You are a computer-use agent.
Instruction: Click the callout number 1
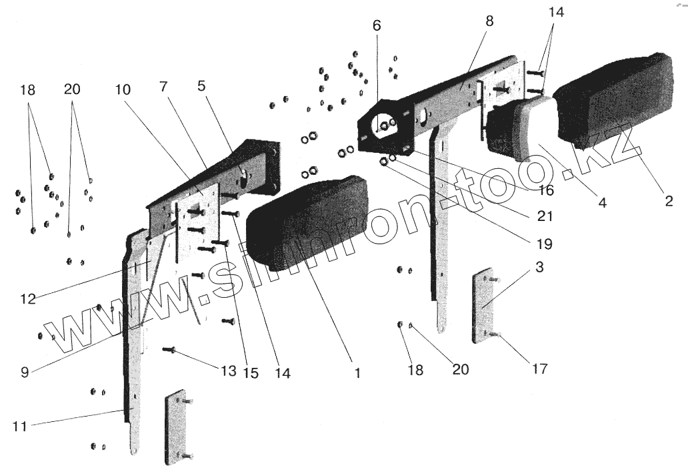pyautogui.click(x=357, y=374)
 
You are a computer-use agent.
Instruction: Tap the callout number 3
pyautogui.click(x=539, y=269)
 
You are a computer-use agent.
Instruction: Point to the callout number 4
pyautogui.click(x=602, y=203)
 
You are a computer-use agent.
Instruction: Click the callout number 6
pyautogui.click(x=377, y=26)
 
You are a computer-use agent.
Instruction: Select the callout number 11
pyautogui.click(x=20, y=426)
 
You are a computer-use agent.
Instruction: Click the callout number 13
pyautogui.click(x=228, y=371)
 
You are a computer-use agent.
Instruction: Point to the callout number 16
pyautogui.click(x=545, y=190)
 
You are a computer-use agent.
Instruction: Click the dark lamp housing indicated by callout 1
pyautogui.click(x=303, y=224)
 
